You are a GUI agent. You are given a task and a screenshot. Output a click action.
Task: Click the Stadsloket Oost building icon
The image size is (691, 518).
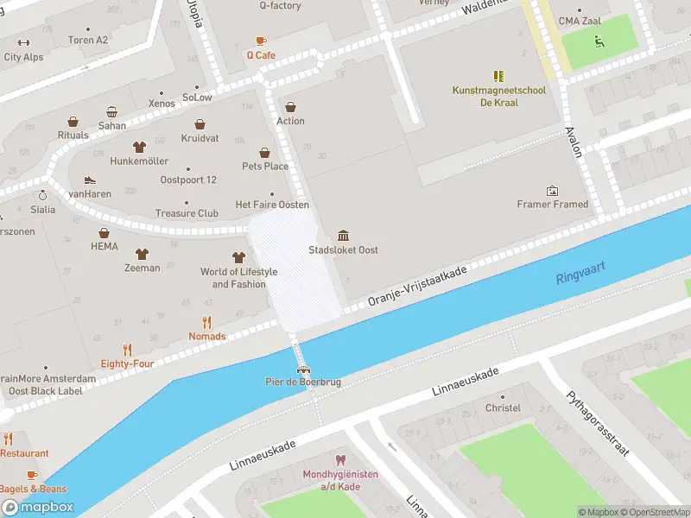344,236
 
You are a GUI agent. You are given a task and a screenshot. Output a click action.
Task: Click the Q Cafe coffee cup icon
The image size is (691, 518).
261,41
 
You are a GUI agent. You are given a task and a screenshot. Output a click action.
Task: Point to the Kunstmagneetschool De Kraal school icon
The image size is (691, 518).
498,76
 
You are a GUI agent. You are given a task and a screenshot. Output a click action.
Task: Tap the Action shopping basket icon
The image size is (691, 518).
291,106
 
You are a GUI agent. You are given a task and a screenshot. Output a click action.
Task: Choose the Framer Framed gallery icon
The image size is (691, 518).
552,190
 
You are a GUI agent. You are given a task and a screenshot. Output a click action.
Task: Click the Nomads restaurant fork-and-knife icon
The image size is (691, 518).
206,323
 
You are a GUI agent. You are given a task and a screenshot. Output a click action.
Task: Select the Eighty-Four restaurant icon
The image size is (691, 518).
127,350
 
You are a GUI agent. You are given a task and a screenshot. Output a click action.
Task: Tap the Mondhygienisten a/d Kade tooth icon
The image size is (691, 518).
339,460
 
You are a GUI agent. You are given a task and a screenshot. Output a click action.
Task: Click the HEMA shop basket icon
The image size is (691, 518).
104,232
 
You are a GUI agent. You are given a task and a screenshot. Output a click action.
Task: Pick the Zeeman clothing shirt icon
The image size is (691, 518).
142,254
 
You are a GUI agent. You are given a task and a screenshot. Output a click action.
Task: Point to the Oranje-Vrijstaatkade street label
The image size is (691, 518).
416,286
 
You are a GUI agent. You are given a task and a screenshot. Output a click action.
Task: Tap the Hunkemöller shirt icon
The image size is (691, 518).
138,147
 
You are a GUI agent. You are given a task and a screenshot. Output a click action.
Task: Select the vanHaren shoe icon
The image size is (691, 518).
88,180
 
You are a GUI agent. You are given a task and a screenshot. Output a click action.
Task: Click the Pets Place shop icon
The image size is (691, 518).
264,152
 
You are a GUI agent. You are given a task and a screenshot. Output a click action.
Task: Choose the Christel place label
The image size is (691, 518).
503,407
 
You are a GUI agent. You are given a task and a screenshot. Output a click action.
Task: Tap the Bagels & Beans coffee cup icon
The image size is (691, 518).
32,475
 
